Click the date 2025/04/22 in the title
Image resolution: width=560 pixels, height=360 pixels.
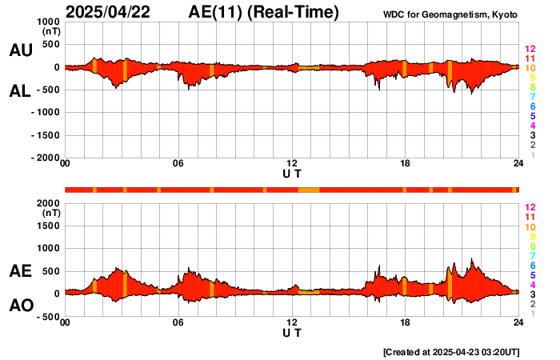point(111,12)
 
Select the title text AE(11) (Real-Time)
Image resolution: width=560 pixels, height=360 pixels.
point(264,12)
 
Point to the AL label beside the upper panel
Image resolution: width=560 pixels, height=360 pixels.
point(21,91)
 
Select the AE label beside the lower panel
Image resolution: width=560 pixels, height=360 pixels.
point(21,272)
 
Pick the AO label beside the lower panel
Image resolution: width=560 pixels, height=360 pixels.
point(21,306)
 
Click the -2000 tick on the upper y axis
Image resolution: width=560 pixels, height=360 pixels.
point(45,158)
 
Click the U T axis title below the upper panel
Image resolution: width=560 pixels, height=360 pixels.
point(293,174)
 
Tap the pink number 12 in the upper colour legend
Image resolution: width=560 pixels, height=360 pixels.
point(529,50)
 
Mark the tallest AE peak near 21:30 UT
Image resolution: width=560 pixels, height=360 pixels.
point(472,260)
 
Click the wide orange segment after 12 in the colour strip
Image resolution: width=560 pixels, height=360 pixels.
point(309,190)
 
